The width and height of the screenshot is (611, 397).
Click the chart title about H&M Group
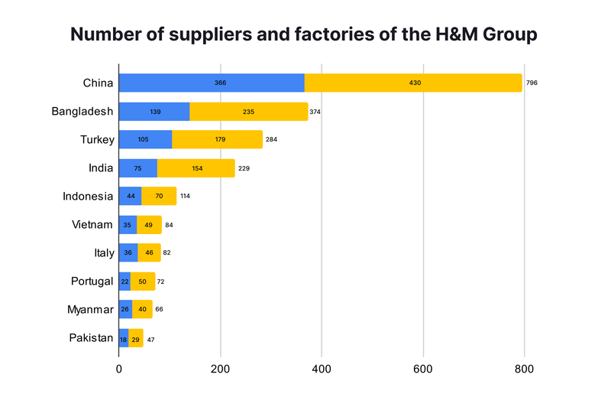304,35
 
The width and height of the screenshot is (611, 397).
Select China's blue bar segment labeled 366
212,83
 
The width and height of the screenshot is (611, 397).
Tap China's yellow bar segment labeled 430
413,83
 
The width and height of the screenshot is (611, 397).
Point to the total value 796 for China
532,83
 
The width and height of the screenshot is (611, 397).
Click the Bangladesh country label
82,112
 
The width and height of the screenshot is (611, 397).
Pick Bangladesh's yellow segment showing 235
248,112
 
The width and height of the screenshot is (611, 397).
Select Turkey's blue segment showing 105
145,140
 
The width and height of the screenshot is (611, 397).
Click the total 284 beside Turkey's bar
272,140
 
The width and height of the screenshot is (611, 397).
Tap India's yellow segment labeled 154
196,168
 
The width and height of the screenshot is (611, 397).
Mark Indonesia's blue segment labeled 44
130,197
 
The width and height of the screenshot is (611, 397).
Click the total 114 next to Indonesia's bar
185,197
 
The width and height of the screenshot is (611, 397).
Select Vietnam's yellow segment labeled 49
149,225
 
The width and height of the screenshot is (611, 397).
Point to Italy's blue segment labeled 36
128,253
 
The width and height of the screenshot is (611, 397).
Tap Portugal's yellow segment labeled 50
143,281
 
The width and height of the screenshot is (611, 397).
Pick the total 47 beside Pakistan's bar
151,338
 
